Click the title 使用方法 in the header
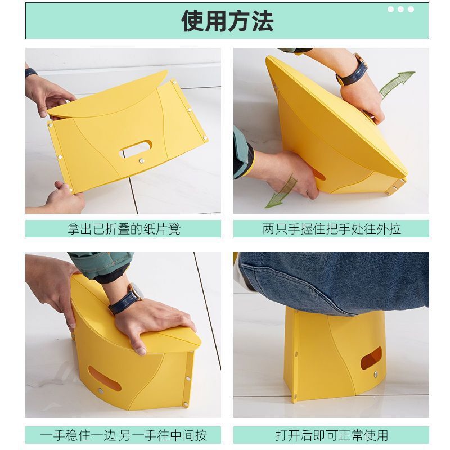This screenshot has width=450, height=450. coord(227,21)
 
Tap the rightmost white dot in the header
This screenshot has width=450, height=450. coord(411,10)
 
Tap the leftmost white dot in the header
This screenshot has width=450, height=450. coord(390,10)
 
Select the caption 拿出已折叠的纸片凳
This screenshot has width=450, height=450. coord(124,229)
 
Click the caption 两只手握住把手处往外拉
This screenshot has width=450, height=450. coord(331,229)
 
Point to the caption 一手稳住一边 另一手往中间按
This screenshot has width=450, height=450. coord(124,435)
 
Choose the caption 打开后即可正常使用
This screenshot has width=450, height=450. coord(331,435)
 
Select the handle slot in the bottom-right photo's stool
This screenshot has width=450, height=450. coord(371,358)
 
